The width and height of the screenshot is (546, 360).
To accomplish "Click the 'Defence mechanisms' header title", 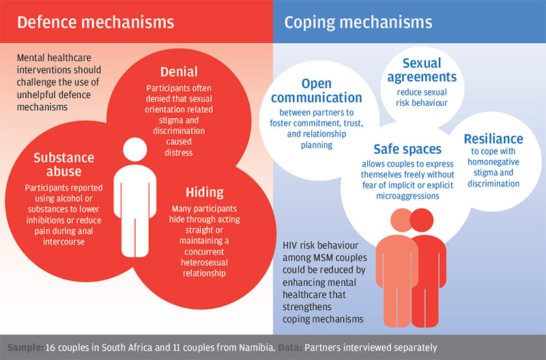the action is (x=96, y=22).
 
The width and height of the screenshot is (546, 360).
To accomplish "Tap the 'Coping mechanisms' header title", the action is (x=358, y=23).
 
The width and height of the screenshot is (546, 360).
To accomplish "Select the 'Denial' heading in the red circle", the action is (x=179, y=72).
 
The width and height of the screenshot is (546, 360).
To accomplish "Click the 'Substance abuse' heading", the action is (x=63, y=165).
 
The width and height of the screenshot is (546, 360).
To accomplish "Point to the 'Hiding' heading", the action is (x=205, y=192).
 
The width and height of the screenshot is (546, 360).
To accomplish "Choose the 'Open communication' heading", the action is (x=317, y=91).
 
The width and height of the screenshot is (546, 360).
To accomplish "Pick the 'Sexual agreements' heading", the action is (x=422, y=70).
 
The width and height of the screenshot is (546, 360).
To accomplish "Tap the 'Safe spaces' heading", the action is (x=407, y=149).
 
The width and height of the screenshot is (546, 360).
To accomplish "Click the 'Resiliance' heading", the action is (x=493, y=139).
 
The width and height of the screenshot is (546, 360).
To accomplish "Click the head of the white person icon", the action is (x=134, y=149).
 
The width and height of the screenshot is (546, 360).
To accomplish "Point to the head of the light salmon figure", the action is (x=401, y=220).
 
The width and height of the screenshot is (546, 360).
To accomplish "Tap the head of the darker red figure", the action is (x=422, y=220).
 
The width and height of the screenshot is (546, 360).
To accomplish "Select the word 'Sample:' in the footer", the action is (x=25, y=348).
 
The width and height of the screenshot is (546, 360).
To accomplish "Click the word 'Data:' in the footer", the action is (x=290, y=348).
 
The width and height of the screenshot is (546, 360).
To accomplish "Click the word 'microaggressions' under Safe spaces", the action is (x=407, y=196).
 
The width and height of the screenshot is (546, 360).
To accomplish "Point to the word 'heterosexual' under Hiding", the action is (x=204, y=262).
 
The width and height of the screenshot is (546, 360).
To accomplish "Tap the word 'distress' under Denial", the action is (x=179, y=152).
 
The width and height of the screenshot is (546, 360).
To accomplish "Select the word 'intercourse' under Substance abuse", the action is (x=63, y=242).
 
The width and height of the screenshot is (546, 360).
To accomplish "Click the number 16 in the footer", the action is (x=50, y=348).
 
